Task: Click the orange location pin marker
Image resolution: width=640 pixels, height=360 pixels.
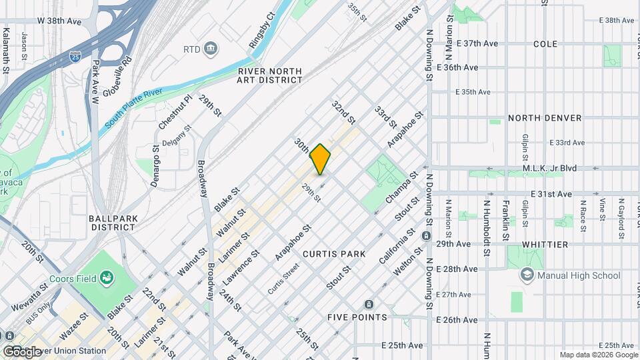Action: tap(321, 159)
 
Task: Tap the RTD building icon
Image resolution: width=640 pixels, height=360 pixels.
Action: tap(211, 49)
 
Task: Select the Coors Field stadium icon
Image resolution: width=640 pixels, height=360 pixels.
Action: tap(105, 277)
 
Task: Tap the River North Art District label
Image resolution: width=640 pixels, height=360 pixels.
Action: tap(269, 75)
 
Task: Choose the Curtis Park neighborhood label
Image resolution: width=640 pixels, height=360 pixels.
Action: tap(334, 254)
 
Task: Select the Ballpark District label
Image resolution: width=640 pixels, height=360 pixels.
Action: tap(113, 223)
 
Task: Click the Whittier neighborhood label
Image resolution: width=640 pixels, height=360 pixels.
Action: tap(545, 245)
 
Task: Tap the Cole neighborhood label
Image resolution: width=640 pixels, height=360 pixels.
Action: tap(545, 43)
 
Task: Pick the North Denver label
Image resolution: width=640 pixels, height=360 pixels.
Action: tap(545, 118)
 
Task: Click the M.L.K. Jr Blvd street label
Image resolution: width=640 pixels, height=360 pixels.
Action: tap(550, 168)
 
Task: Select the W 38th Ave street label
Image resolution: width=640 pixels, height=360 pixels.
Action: tap(59, 21)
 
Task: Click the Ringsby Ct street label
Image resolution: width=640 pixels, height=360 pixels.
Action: tap(261, 30)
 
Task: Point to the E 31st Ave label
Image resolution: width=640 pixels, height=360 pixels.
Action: tap(551, 194)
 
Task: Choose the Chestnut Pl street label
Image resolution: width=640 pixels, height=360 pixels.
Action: tap(175, 111)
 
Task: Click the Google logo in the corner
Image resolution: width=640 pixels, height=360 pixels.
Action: tap(22, 351)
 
